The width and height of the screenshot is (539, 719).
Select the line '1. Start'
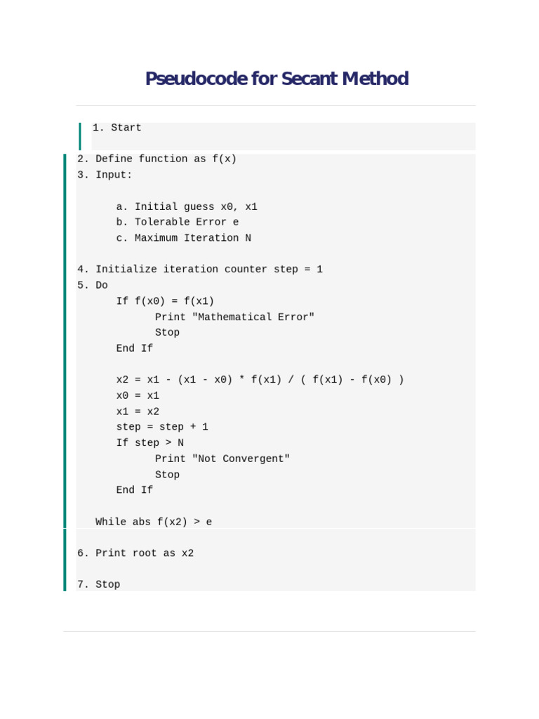pyautogui.click(x=117, y=128)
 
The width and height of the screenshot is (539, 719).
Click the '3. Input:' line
pyautogui.click(x=105, y=174)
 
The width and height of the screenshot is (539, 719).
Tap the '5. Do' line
pyautogui.click(x=93, y=285)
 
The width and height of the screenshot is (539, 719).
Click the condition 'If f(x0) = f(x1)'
pyautogui.click(x=165, y=301)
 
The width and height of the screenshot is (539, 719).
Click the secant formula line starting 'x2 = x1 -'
pyautogui.click(x=260, y=380)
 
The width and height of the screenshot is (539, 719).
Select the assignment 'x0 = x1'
pyautogui.click(x=138, y=395)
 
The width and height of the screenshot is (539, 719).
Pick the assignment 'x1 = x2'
pyautogui.click(x=138, y=411)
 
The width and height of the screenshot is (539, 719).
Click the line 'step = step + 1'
pyautogui.click(x=162, y=427)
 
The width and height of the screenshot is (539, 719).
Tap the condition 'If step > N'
pyautogui.click(x=150, y=443)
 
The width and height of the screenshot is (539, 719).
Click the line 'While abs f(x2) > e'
pyautogui.click(x=154, y=522)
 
